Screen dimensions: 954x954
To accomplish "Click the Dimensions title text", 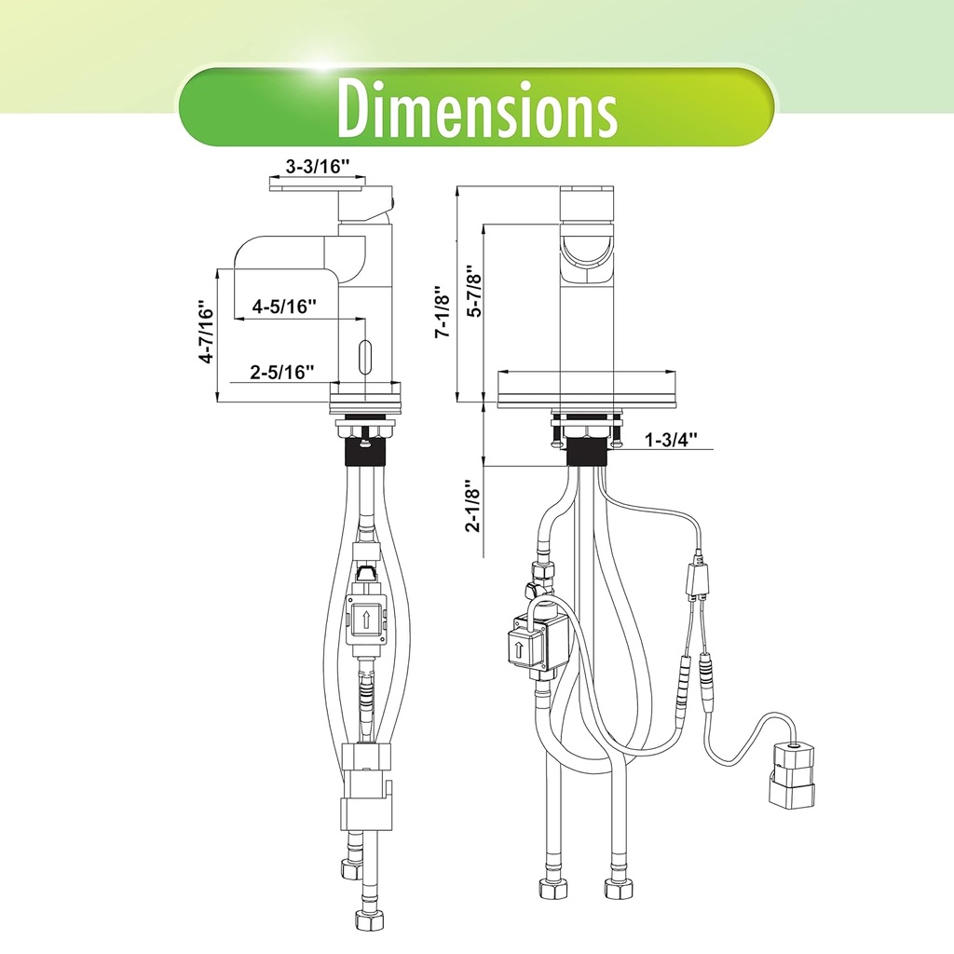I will click(x=476, y=109).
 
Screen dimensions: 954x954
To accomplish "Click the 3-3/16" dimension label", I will click(x=317, y=167).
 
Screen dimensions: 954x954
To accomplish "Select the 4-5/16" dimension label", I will click(x=284, y=306).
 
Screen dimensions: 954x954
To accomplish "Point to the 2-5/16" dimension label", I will click(x=282, y=373).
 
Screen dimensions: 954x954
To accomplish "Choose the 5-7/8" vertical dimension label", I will click(x=474, y=292).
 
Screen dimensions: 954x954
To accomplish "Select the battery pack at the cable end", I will click(x=791, y=772).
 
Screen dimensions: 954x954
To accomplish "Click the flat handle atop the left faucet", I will click(x=316, y=186).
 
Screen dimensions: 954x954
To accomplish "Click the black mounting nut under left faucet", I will click(x=365, y=454).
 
